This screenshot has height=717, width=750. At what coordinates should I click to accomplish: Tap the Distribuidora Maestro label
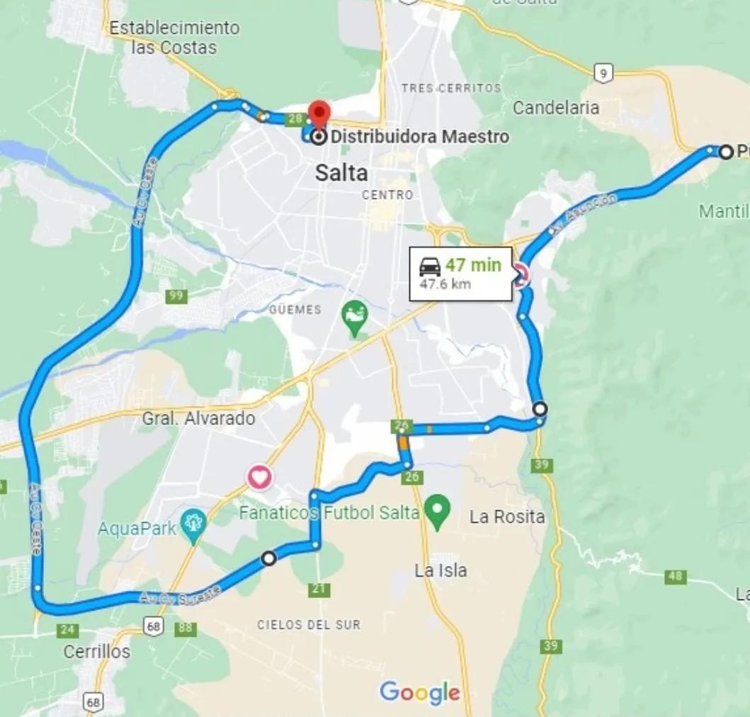[x=420, y=136]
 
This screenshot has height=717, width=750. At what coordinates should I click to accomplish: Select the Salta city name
[x=341, y=173]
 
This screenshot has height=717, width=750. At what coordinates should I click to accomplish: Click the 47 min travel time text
[x=473, y=266]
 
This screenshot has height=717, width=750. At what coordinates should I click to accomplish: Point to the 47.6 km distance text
[x=445, y=284]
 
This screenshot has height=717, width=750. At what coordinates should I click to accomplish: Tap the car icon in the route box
[x=430, y=266]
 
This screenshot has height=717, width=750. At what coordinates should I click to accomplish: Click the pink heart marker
[x=260, y=478]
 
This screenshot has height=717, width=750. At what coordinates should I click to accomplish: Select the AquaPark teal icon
[x=193, y=524]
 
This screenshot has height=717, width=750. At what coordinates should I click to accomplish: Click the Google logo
[x=420, y=692]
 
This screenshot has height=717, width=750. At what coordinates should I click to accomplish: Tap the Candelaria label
[x=556, y=108]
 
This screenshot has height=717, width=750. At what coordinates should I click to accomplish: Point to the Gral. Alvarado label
[x=198, y=418]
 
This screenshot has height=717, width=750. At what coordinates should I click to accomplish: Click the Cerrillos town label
[x=97, y=651]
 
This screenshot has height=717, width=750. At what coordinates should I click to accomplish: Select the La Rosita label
[x=507, y=516]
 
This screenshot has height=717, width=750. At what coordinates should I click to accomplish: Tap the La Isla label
[x=441, y=570]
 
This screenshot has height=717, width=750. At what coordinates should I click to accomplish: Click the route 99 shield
[x=176, y=296]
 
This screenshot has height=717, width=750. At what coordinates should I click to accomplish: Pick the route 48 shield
[x=676, y=577]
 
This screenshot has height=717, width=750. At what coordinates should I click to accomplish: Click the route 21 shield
[x=320, y=589]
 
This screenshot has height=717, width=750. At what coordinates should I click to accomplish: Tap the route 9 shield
[x=603, y=72]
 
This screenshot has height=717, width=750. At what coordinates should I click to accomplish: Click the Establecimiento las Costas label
[x=174, y=38]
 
